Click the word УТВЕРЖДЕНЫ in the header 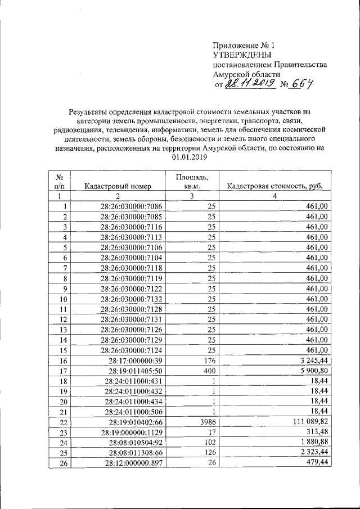click(242, 55)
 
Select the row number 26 click(62, 463)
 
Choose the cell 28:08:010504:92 click(134, 442)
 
